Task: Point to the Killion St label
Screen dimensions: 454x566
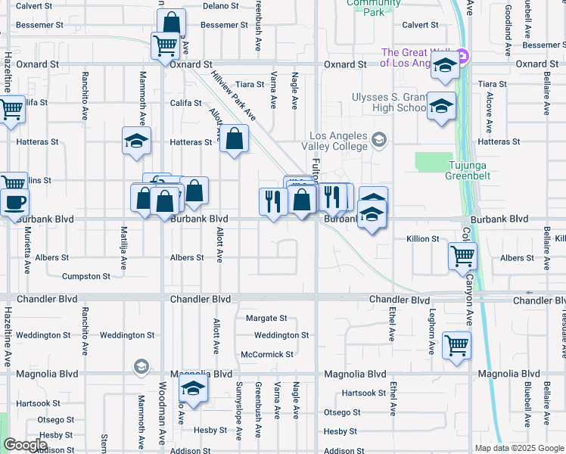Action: tap(423, 238)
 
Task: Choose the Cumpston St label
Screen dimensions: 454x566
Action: tap(86, 276)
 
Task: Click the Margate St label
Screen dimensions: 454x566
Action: tap(266, 319)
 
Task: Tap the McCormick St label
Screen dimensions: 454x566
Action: tap(266, 354)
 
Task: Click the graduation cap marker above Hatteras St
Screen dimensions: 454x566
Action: tap(137, 140)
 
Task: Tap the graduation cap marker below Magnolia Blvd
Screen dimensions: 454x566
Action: tap(193, 390)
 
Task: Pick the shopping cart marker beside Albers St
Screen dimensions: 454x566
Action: tap(462, 254)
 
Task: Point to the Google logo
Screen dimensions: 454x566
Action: tap(25, 444)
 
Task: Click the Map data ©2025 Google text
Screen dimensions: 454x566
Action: tap(519, 448)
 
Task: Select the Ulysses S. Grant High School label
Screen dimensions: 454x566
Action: tap(389, 102)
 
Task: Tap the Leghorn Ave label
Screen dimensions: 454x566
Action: tap(432, 332)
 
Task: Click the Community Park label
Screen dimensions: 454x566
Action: tap(373, 8)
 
